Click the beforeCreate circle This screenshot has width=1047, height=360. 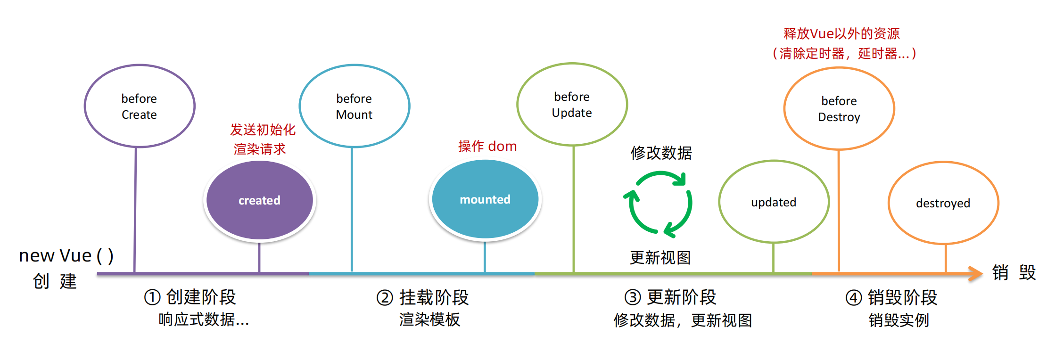[140, 106]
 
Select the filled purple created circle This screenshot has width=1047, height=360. [259, 200]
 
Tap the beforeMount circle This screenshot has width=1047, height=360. [354, 106]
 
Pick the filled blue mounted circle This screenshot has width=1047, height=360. [485, 199]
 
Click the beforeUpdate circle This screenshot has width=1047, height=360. [572, 104]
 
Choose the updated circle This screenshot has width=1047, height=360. [774, 202]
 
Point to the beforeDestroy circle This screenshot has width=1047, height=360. [839, 108]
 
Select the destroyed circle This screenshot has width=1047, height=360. [943, 203]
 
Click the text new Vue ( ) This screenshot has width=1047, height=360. [66, 255]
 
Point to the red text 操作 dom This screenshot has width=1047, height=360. [487, 146]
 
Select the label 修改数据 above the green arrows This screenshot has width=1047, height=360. [661, 153]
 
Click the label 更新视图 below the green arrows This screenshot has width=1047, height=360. [660, 258]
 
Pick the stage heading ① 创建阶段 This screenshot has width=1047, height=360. [190, 297]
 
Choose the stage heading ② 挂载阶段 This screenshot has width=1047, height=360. [423, 297]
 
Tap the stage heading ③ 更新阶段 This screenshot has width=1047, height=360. [670, 297]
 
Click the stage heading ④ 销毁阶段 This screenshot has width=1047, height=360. [891, 297]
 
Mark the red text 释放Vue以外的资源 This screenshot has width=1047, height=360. [841, 33]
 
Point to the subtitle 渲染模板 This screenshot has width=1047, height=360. [429, 319]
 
